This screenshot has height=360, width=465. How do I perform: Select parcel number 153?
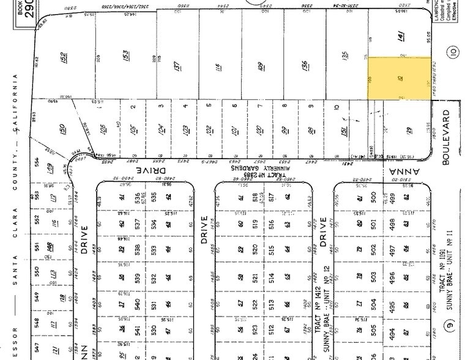[x=125, y=58]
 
